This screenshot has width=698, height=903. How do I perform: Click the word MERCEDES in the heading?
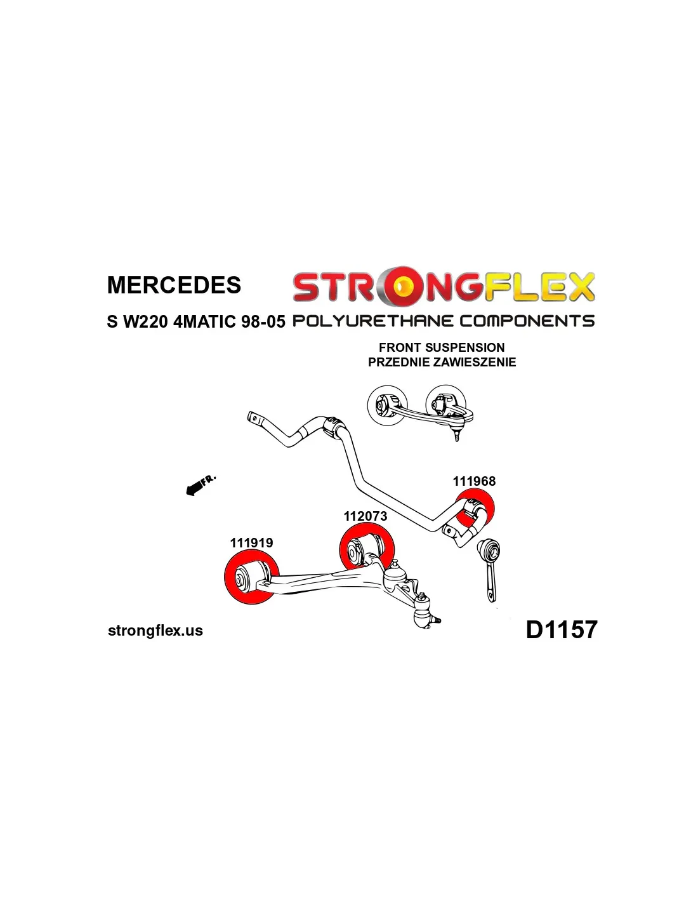click(x=174, y=285)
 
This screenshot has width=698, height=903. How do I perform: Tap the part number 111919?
click(x=251, y=543)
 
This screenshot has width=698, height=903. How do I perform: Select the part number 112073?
click(x=365, y=516)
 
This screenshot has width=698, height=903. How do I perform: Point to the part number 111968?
click(x=474, y=481)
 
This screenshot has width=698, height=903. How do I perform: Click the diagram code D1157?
click(x=562, y=630)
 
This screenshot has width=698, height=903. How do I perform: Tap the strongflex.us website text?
click(x=155, y=631)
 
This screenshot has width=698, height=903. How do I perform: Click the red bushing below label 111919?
click(x=250, y=578)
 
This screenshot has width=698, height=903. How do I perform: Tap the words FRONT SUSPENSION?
click(x=442, y=347)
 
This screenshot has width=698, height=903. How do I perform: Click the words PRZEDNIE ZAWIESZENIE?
click(x=442, y=362)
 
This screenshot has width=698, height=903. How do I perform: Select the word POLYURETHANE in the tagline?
click(x=373, y=321)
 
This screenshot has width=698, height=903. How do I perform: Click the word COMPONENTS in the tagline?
click(x=527, y=321)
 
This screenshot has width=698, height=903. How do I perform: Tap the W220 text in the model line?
click(x=145, y=321)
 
